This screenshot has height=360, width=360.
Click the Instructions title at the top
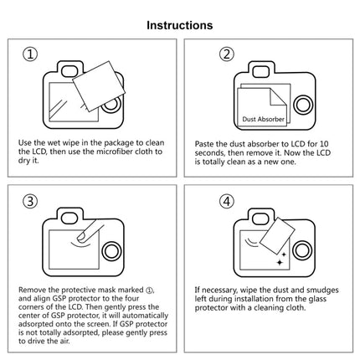[x=180, y=26]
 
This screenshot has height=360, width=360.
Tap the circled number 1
[x=31, y=55]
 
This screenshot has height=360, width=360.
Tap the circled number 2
[x=226, y=55]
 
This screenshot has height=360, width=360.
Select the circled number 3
[x=31, y=201]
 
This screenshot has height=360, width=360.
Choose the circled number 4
[x=226, y=201]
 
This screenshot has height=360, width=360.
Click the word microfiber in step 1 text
[x=125, y=152]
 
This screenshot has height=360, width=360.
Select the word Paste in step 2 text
[x=205, y=143]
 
